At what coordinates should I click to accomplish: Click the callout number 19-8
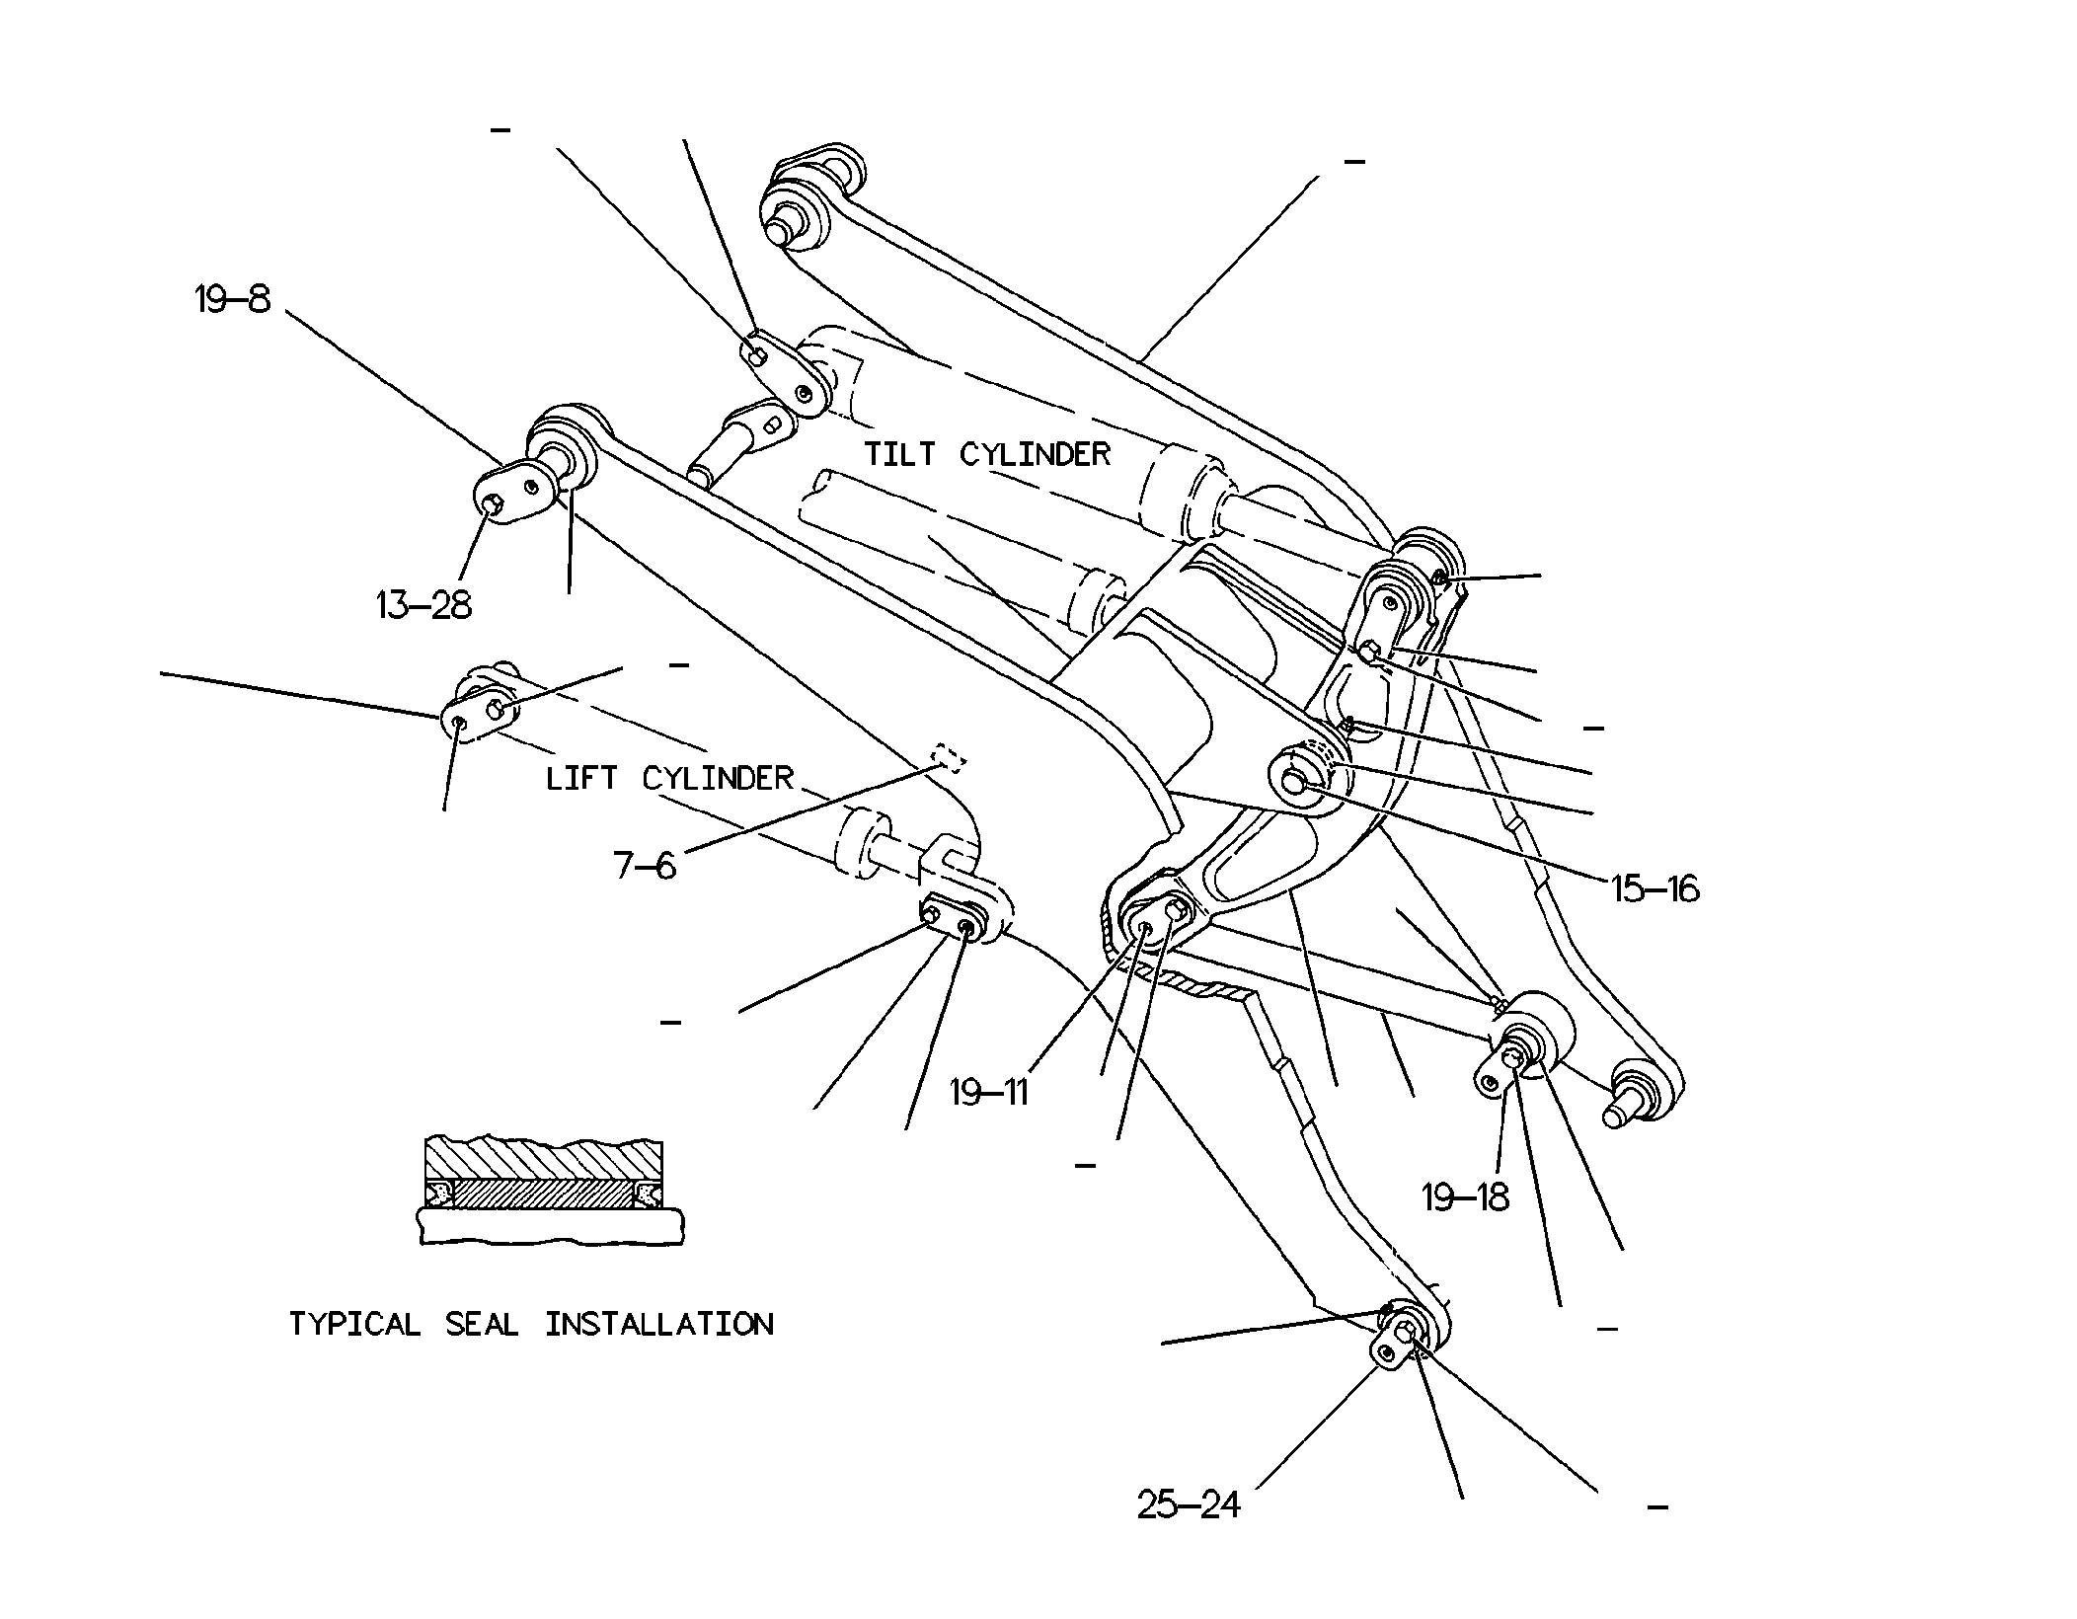(232, 298)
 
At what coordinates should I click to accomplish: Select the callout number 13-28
(423, 604)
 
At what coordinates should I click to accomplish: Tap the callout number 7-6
(645, 866)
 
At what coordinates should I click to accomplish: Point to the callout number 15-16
(1655, 889)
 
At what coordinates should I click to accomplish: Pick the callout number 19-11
(989, 1093)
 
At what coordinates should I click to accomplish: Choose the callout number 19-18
(1466, 1197)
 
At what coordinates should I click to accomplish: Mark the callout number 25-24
(1189, 1504)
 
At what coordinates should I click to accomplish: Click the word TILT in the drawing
(899, 454)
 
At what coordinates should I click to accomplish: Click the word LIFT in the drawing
(581, 778)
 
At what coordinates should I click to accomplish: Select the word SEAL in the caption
(482, 1324)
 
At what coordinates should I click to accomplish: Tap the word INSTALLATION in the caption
(659, 1324)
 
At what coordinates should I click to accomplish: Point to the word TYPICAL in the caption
(354, 1324)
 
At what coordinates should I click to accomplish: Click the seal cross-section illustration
(549, 1191)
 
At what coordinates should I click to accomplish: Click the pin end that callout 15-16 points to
(1292, 782)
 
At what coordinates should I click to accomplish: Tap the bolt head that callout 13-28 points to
(495, 505)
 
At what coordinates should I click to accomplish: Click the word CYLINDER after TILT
(1036, 454)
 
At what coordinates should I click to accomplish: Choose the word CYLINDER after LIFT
(718, 778)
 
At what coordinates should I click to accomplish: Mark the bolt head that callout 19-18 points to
(1510, 1058)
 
